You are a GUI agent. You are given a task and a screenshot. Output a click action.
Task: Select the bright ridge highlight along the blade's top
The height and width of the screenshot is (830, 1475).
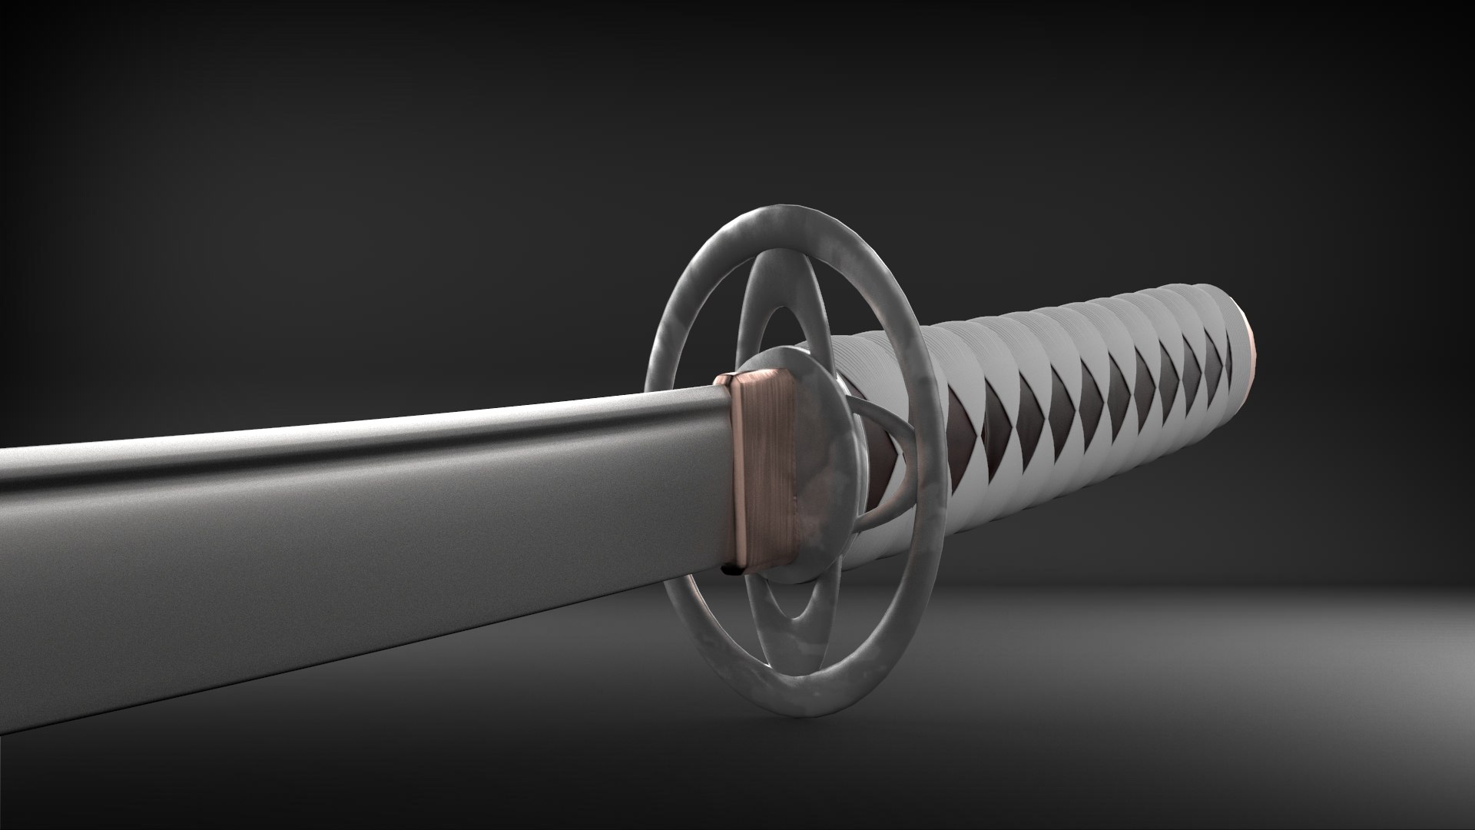tap(384, 427)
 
